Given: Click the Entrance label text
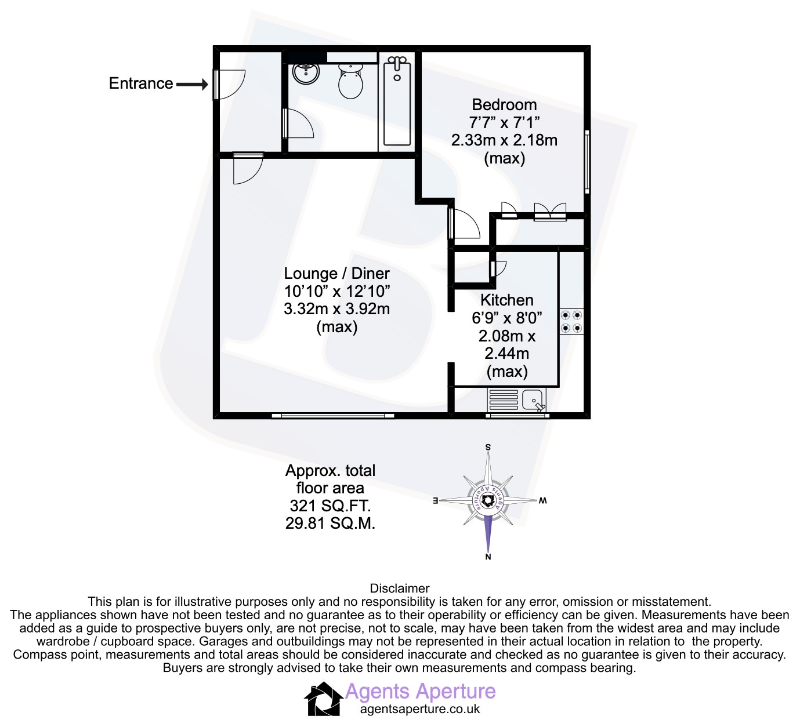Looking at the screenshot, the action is [x=141, y=83].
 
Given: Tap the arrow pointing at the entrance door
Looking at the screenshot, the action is [x=192, y=85].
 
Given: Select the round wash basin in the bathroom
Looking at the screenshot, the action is [x=306, y=73].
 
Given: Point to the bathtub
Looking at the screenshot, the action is [x=397, y=101].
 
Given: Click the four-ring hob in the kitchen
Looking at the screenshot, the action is [x=571, y=322].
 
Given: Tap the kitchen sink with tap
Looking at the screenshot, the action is [x=533, y=400].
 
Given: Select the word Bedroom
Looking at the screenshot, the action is [x=504, y=105].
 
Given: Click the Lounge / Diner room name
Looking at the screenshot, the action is [x=336, y=274].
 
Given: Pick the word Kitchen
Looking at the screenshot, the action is [x=506, y=300].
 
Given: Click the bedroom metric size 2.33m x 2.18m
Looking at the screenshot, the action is [x=504, y=140].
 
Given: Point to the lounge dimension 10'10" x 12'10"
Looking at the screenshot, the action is [x=336, y=292].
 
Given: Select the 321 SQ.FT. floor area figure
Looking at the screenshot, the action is [x=330, y=506].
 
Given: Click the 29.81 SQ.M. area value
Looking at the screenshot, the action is [x=330, y=524].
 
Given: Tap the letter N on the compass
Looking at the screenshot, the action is [x=488, y=557].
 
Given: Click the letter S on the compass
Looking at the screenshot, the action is [x=488, y=447].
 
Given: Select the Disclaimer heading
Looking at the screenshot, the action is [x=400, y=588].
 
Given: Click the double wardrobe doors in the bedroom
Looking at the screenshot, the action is [x=550, y=211].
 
